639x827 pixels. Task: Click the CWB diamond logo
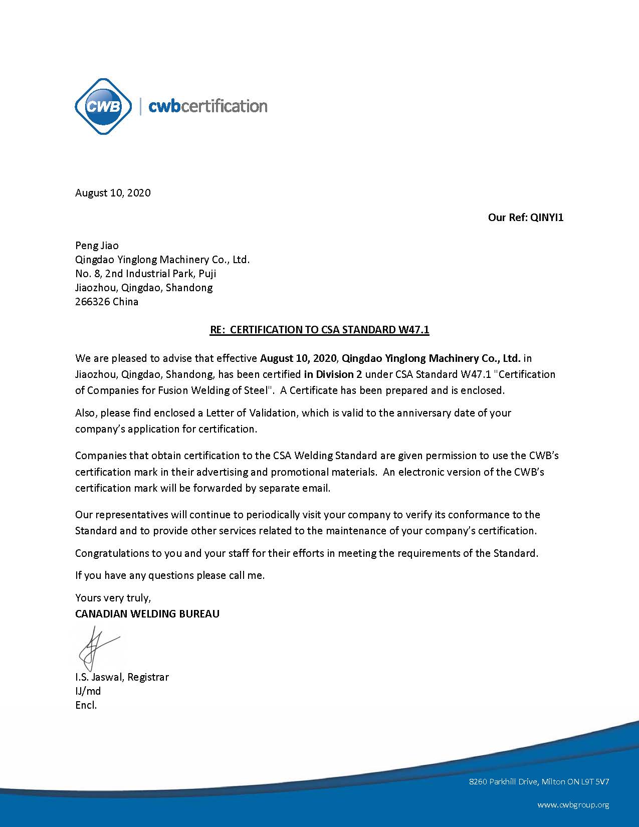tap(103, 106)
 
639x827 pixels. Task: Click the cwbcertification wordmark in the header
tap(208, 106)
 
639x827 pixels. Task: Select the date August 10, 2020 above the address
tap(113, 193)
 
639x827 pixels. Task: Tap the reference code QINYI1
tap(547, 218)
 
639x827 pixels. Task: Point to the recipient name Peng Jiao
tap(97, 246)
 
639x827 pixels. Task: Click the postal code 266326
tap(92, 302)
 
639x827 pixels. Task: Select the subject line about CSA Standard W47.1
tap(319, 330)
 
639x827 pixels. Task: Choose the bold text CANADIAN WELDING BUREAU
tap(147, 613)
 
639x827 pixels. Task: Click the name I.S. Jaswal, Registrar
tap(122, 677)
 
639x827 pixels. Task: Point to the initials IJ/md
tap(88, 691)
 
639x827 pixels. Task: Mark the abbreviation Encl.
tap(86, 705)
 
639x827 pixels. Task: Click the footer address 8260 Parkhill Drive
tap(539, 781)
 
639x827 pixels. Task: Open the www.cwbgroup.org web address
tap(573, 805)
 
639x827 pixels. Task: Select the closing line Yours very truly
tap(113, 597)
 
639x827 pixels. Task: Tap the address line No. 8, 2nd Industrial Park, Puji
tap(145, 274)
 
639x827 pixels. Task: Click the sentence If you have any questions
tap(169, 575)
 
